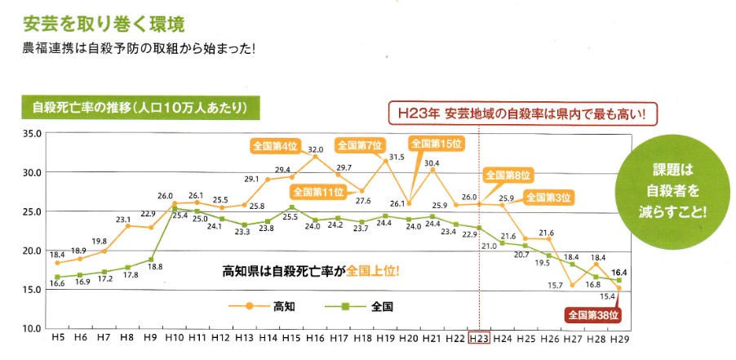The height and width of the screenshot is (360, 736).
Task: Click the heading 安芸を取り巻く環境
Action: coord(104,24)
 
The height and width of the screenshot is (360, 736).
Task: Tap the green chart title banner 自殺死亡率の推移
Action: coord(140,108)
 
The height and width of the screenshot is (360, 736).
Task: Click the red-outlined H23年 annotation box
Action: coord(522,113)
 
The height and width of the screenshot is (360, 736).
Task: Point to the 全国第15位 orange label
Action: coord(437,144)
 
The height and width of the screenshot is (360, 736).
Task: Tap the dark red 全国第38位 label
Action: coord(594,315)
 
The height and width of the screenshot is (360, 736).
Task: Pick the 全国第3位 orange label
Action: coord(548,198)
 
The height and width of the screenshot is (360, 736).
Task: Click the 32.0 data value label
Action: coord(316,149)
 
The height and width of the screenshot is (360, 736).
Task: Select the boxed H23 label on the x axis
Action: coord(479,338)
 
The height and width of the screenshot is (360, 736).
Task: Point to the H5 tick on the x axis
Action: coord(57,338)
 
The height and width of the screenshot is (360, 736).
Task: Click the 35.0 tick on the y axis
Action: coord(32,133)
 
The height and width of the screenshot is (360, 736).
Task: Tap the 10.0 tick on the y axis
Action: coord(32,327)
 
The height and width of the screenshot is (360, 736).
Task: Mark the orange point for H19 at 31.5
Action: coord(385,161)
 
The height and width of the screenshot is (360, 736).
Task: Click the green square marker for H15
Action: coord(291,207)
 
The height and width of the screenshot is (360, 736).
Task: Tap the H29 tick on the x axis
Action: coord(619,339)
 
